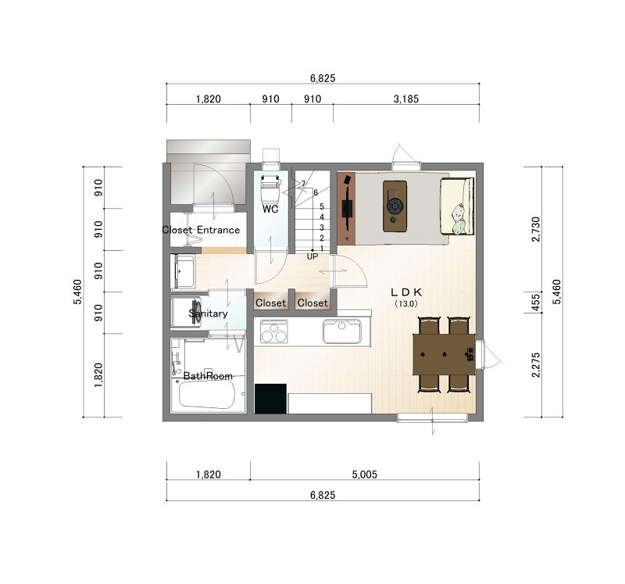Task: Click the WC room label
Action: pyautogui.click(x=270, y=209)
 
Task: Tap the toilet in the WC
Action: pyautogui.click(x=270, y=187)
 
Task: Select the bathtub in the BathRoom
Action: pyautogui.click(x=206, y=394)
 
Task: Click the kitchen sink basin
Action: pyautogui.click(x=342, y=331)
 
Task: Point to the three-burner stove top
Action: pyautogui.click(x=274, y=331)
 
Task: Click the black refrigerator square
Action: pyautogui.click(x=270, y=399)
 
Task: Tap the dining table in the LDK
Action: pyautogui.click(x=444, y=355)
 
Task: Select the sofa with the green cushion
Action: pyautogui.click(x=457, y=206)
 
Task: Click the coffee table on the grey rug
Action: pyautogui.click(x=395, y=206)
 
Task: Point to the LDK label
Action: pyautogui.click(x=405, y=292)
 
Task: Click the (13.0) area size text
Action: pyautogui.click(x=406, y=303)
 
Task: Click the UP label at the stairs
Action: pyautogui.click(x=312, y=256)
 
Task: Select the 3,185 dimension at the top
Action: pyautogui.click(x=406, y=99)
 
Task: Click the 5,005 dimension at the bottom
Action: pyautogui.click(x=365, y=475)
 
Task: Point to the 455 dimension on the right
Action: pyautogui.click(x=536, y=302)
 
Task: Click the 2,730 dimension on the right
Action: pyautogui.click(x=536, y=229)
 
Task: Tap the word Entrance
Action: pyautogui.click(x=219, y=230)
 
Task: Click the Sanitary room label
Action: pyautogui.click(x=208, y=313)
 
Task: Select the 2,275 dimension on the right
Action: pyautogui.click(x=536, y=364)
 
